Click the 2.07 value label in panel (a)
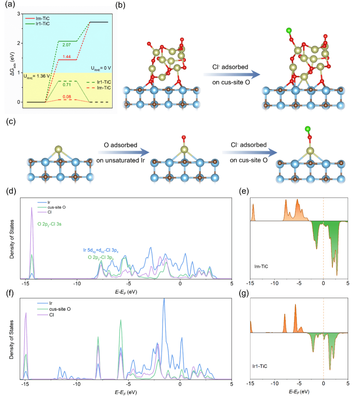67,45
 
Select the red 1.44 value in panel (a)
67,57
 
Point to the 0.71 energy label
67,85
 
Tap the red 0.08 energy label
67,97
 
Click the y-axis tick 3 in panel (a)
19,14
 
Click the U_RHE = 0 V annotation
101,68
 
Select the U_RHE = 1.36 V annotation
36,76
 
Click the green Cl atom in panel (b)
289,31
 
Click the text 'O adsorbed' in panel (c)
120,145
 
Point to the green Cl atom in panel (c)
307,129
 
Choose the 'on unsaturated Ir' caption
120,161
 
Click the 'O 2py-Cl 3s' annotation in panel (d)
49,224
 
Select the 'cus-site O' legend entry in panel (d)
56,207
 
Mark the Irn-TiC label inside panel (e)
261,266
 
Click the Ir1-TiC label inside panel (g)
260,366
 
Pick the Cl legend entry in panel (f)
51,315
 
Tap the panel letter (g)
245,294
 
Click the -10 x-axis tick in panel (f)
77,384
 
